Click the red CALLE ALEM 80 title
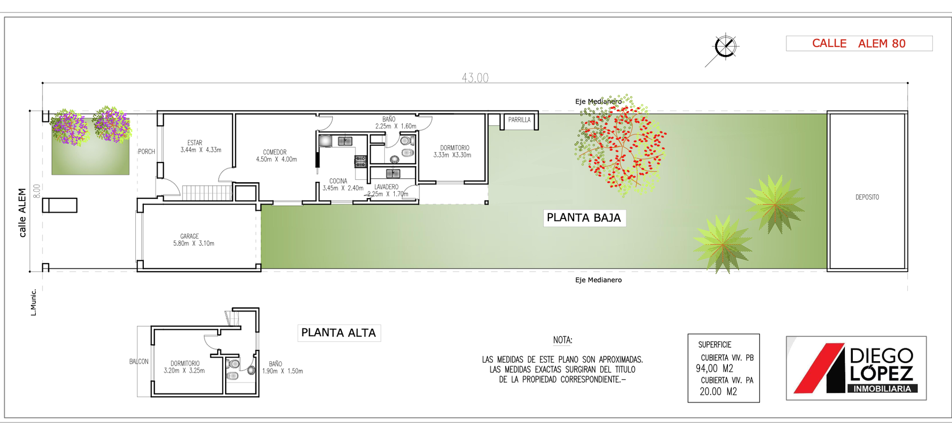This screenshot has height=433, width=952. click(x=859, y=44)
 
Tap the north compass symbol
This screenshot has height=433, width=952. click(x=725, y=48)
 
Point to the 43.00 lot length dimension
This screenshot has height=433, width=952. click(x=475, y=78)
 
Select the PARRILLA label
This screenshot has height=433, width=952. click(x=519, y=120)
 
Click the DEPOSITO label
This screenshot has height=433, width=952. click(x=867, y=197)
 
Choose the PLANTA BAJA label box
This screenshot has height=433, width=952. click(x=584, y=218)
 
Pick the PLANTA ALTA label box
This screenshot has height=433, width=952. click(x=339, y=333)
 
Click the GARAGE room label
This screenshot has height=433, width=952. click(x=189, y=236)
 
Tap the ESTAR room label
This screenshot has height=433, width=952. click(x=195, y=143)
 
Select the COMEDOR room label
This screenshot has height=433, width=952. click(x=275, y=152)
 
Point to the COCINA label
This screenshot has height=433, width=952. click(x=338, y=181)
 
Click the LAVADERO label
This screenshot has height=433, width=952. click(x=386, y=187)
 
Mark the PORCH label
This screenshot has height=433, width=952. click(x=146, y=152)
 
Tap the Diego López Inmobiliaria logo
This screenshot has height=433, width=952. click(x=856, y=368)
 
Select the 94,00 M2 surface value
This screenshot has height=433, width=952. click(x=714, y=369)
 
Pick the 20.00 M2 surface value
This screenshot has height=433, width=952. click(x=718, y=391)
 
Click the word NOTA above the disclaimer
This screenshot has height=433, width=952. click(x=562, y=340)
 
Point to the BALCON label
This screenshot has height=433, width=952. click(x=139, y=362)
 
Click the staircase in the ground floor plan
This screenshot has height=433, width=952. click(x=207, y=192)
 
